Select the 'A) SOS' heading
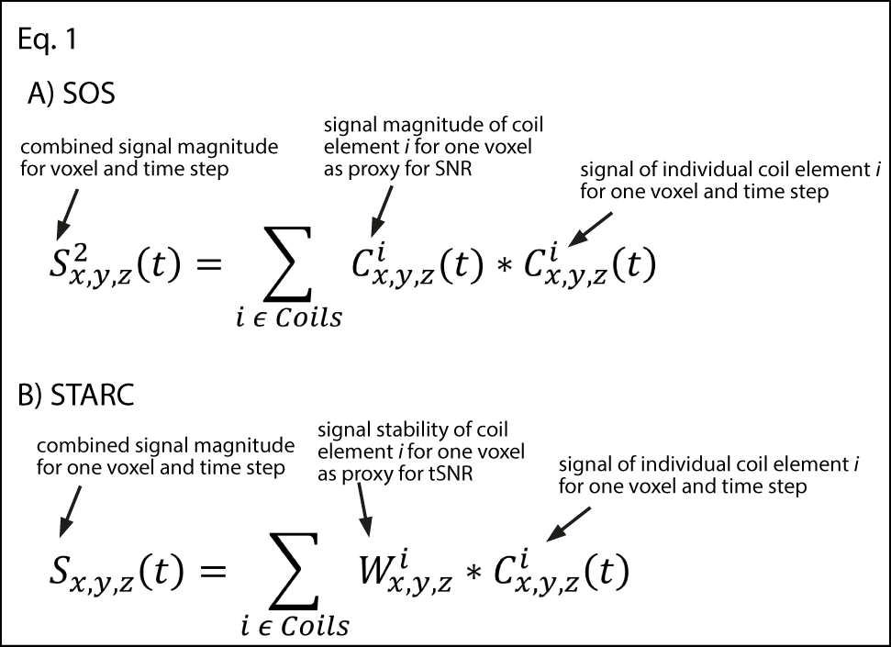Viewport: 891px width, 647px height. pos(72,94)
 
